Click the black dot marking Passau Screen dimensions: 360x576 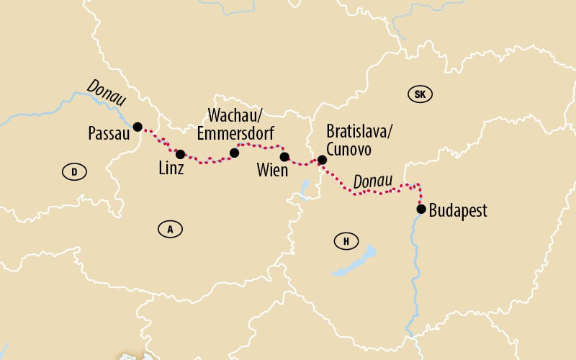[x=137, y=126]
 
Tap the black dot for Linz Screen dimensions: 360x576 [x=180, y=154]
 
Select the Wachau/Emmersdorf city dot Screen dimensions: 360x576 [x=234, y=153]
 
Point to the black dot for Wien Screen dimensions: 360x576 [x=284, y=157]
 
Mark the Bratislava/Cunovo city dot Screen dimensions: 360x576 [x=322, y=160]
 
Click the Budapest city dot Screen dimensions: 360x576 [x=421, y=210]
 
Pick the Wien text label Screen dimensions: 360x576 [x=272, y=171]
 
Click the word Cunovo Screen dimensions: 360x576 [x=349, y=148]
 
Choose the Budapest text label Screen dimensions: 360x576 [x=458, y=211]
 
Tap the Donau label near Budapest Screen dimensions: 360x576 [x=372, y=181]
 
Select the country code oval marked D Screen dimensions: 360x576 [x=74, y=171]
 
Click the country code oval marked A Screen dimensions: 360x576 [x=170, y=230]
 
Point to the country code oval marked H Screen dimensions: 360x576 [x=346, y=241]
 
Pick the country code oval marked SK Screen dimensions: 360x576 [x=420, y=94]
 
